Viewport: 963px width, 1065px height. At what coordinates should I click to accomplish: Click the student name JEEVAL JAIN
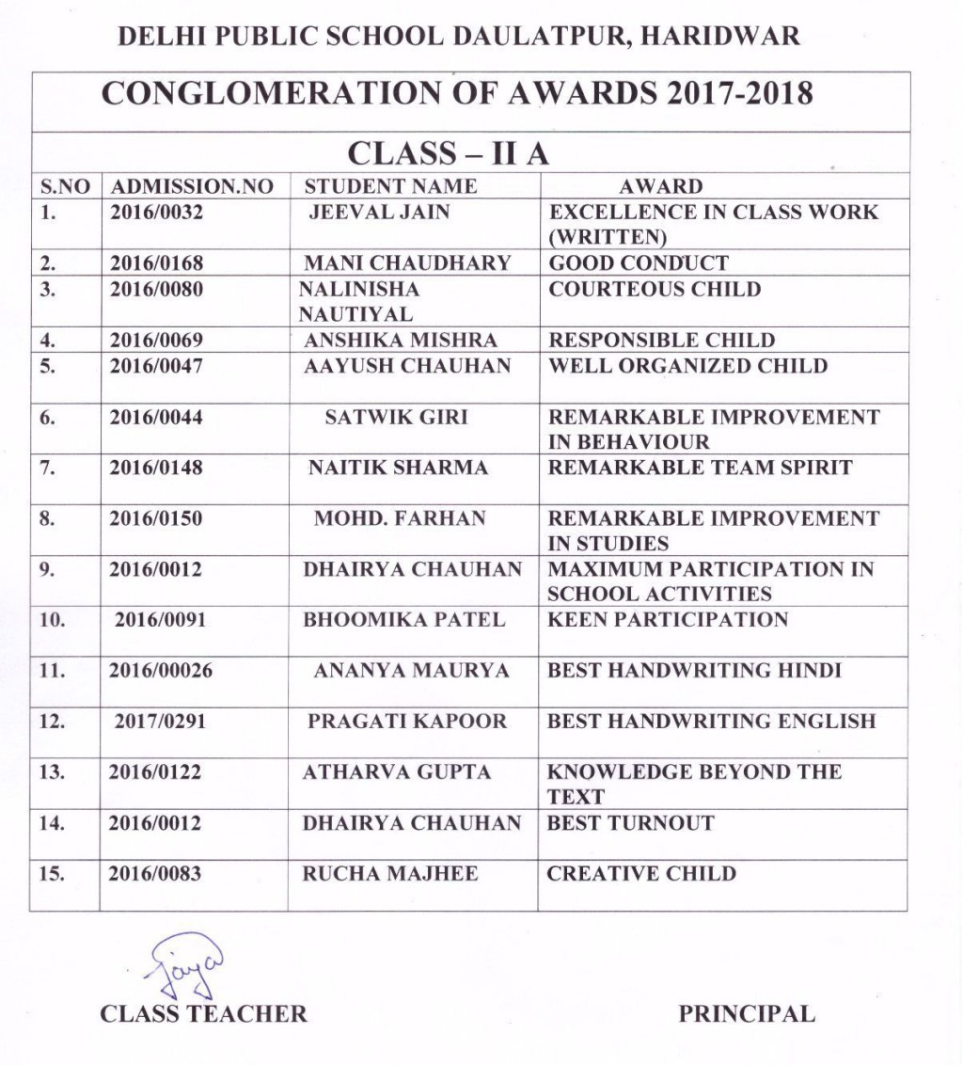(x=380, y=212)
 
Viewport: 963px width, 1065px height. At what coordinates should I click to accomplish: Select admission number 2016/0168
(x=156, y=263)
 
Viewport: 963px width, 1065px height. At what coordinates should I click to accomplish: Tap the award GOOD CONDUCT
(x=639, y=263)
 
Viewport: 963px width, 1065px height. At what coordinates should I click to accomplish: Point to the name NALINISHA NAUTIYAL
(x=358, y=301)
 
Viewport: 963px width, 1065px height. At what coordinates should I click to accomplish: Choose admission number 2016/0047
(x=156, y=366)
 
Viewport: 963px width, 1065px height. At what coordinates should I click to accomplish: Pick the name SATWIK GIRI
(x=396, y=417)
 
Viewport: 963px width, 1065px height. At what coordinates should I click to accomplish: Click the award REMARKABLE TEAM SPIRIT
(x=700, y=468)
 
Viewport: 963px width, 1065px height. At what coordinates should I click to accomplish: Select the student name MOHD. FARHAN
(x=400, y=518)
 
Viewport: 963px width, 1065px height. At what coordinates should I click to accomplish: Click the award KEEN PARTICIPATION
(x=668, y=620)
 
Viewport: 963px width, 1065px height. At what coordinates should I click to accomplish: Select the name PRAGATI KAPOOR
(x=407, y=722)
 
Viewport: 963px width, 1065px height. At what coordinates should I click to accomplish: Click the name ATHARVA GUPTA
(x=397, y=772)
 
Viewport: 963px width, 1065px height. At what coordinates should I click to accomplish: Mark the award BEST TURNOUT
(x=630, y=823)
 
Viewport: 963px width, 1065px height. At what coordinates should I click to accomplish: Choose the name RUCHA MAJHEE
(x=390, y=874)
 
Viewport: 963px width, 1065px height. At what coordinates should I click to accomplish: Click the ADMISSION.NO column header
(x=192, y=186)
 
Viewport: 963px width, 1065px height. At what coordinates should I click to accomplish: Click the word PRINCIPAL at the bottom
(x=747, y=1014)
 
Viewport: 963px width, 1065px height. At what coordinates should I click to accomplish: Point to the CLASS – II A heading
(x=449, y=153)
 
